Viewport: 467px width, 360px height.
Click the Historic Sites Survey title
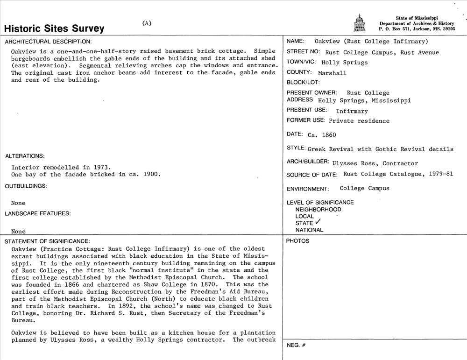[54, 28]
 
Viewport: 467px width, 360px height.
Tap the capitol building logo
[359, 23]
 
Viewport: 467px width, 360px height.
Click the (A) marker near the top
[147, 23]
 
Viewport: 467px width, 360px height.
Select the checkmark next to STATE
[318, 222]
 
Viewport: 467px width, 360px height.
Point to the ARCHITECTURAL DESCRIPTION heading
[49, 42]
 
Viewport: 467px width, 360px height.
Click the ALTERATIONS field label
[25, 156]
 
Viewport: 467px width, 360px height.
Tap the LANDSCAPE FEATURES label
[38, 213]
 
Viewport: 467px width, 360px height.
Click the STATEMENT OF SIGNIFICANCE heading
[47, 241]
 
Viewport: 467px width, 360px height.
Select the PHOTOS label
[297, 241]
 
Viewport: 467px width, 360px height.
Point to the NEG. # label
[296, 345]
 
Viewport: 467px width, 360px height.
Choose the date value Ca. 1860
[322, 135]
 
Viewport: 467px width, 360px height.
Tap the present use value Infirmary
[352, 111]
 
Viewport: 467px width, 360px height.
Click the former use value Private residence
[359, 121]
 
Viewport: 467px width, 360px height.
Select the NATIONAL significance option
[309, 230]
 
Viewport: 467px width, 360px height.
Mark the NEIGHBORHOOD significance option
[318, 210]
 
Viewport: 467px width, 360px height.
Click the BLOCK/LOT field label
[303, 83]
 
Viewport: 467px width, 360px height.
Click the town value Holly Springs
[345, 63]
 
